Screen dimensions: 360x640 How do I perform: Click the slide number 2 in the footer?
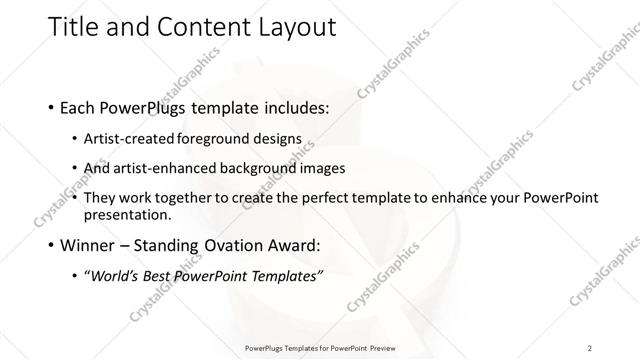point(590,348)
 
